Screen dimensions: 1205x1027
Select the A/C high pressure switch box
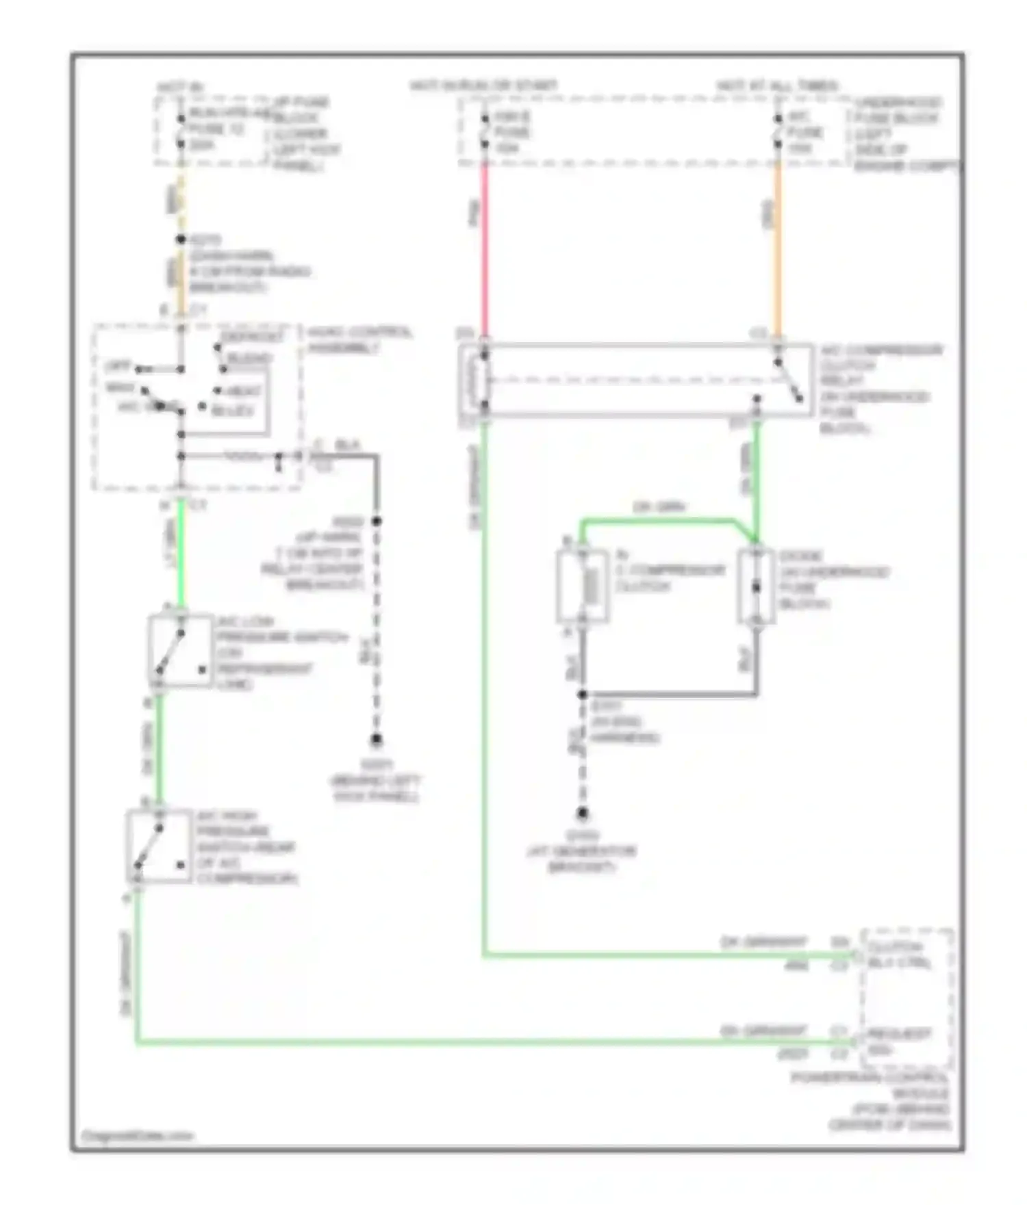(x=159, y=846)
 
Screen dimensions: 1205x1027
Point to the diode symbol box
(x=756, y=586)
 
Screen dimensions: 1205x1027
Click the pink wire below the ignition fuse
(x=485, y=253)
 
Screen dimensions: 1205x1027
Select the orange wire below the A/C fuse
(x=778, y=253)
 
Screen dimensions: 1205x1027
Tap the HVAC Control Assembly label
(x=359, y=340)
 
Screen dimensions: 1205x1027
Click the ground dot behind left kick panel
(x=376, y=740)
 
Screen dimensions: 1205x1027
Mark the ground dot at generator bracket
(x=582, y=813)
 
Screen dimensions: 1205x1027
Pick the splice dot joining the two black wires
(x=582, y=695)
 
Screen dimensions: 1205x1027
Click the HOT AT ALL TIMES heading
(x=777, y=86)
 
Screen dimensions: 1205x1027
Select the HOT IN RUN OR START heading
(x=483, y=86)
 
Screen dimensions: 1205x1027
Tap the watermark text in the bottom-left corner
(x=137, y=1136)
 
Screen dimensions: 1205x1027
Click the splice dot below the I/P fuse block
(x=181, y=239)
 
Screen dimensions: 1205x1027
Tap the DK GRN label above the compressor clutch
(x=659, y=507)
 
